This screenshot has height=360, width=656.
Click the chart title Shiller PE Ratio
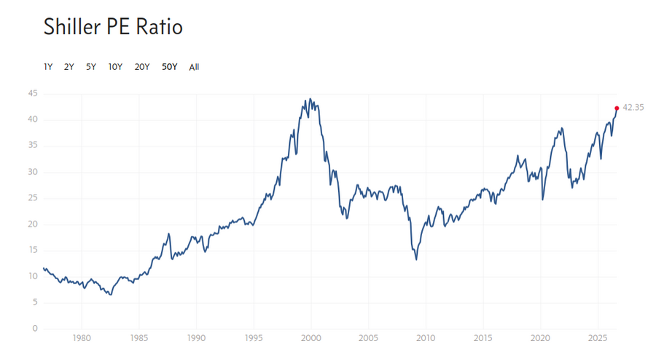coord(113,27)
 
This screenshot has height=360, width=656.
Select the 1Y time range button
coord(48,67)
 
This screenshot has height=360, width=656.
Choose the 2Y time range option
coord(69,67)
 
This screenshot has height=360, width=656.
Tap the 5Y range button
coord(91,67)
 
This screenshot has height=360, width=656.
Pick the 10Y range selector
coord(115,67)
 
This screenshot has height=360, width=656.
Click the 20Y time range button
coord(142,67)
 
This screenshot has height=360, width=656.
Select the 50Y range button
coord(169,67)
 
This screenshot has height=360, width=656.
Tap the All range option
coord(194,67)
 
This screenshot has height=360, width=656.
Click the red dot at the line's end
coord(617,109)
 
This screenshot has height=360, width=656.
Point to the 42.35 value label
coord(633,107)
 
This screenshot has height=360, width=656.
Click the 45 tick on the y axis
coord(33,93)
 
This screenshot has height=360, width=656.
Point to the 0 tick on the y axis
coord(35,329)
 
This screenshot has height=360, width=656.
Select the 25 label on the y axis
coord(33,197)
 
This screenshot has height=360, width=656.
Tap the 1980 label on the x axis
coord(82,338)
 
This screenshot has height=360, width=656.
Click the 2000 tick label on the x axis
coord(311,338)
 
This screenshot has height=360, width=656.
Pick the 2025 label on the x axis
coord(598,338)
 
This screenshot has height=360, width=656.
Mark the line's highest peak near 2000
coord(310,98)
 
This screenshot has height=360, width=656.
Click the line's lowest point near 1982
coord(111,294)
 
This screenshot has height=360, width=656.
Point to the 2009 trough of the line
coord(416,259)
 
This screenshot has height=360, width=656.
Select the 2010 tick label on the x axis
coord(426,338)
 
